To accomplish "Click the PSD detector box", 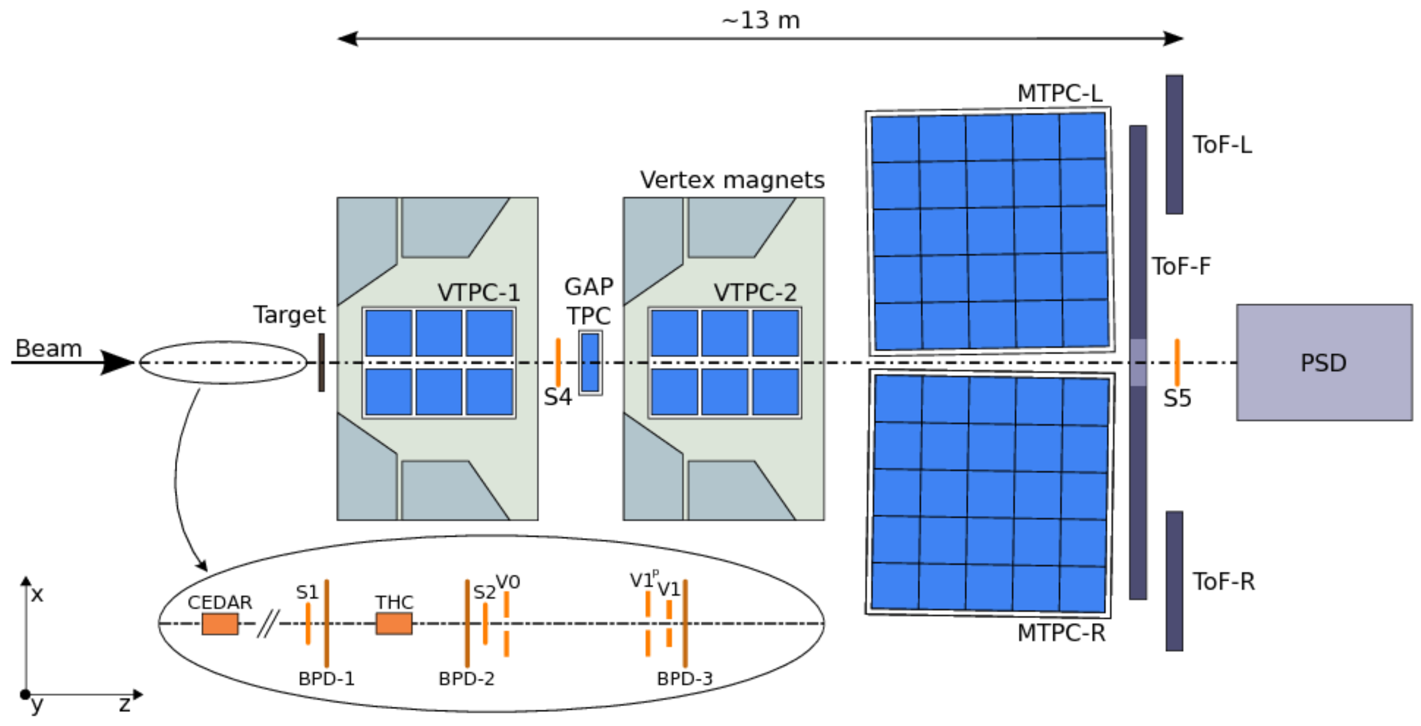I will click(1324, 363).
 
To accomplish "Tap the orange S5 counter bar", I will click(1177, 362).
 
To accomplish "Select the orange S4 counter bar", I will click(558, 362).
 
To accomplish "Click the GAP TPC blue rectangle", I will click(590, 362).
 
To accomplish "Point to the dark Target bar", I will click(322, 362).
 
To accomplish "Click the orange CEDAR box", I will click(220, 624).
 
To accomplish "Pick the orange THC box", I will click(394, 624).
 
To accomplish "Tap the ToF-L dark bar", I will click(1174, 145).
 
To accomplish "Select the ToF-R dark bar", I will click(1174, 581).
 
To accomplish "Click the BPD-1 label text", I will click(326, 679).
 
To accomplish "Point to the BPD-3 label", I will click(684, 679).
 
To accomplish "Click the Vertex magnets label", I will click(732, 180).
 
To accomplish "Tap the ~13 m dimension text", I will click(761, 20).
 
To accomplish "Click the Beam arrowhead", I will click(117, 362).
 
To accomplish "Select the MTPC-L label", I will click(1060, 93).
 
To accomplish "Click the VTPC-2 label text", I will click(755, 292).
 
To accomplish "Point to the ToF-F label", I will click(1181, 267).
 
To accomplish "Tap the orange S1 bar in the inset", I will click(308, 624).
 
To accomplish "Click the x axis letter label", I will click(37, 595).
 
